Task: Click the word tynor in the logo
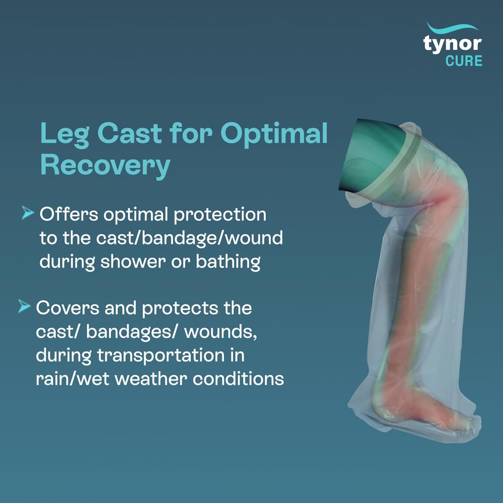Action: pos(453,44)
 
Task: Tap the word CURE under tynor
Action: pos(463,61)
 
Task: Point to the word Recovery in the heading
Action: pos(105,165)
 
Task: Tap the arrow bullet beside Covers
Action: pos(24,306)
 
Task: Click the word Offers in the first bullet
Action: pos(69,214)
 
